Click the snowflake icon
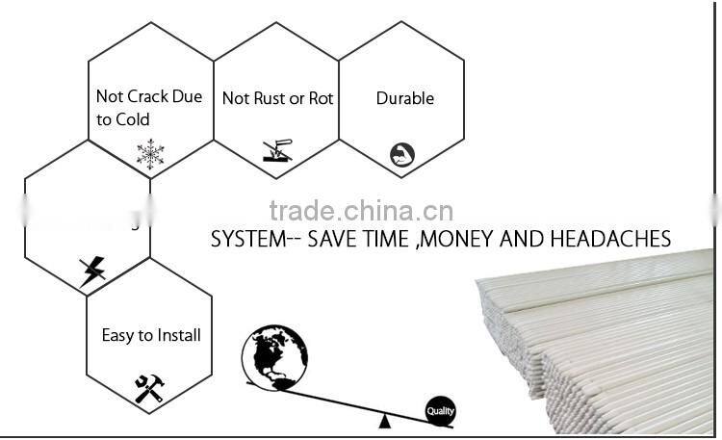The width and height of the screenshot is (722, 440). pyautogui.click(x=150, y=153)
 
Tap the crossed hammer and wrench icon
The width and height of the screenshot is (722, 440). pyautogui.click(x=149, y=388)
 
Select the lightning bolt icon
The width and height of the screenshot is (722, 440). pyautogui.click(x=93, y=271)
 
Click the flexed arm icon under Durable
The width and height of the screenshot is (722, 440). pyautogui.click(x=401, y=154)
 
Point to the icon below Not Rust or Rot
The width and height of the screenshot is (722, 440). pyautogui.click(x=276, y=151)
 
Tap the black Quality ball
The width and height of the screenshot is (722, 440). pyautogui.click(x=440, y=412)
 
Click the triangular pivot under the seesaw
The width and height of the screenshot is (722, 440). pyautogui.click(x=385, y=420)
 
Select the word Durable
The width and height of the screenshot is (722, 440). pyautogui.click(x=404, y=98)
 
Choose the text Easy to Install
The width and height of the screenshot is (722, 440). pyautogui.click(x=151, y=335)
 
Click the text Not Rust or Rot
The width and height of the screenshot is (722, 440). pyautogui.click(x=277, y=98)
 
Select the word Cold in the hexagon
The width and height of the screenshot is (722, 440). pyautogui.click(x=133, y=120)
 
